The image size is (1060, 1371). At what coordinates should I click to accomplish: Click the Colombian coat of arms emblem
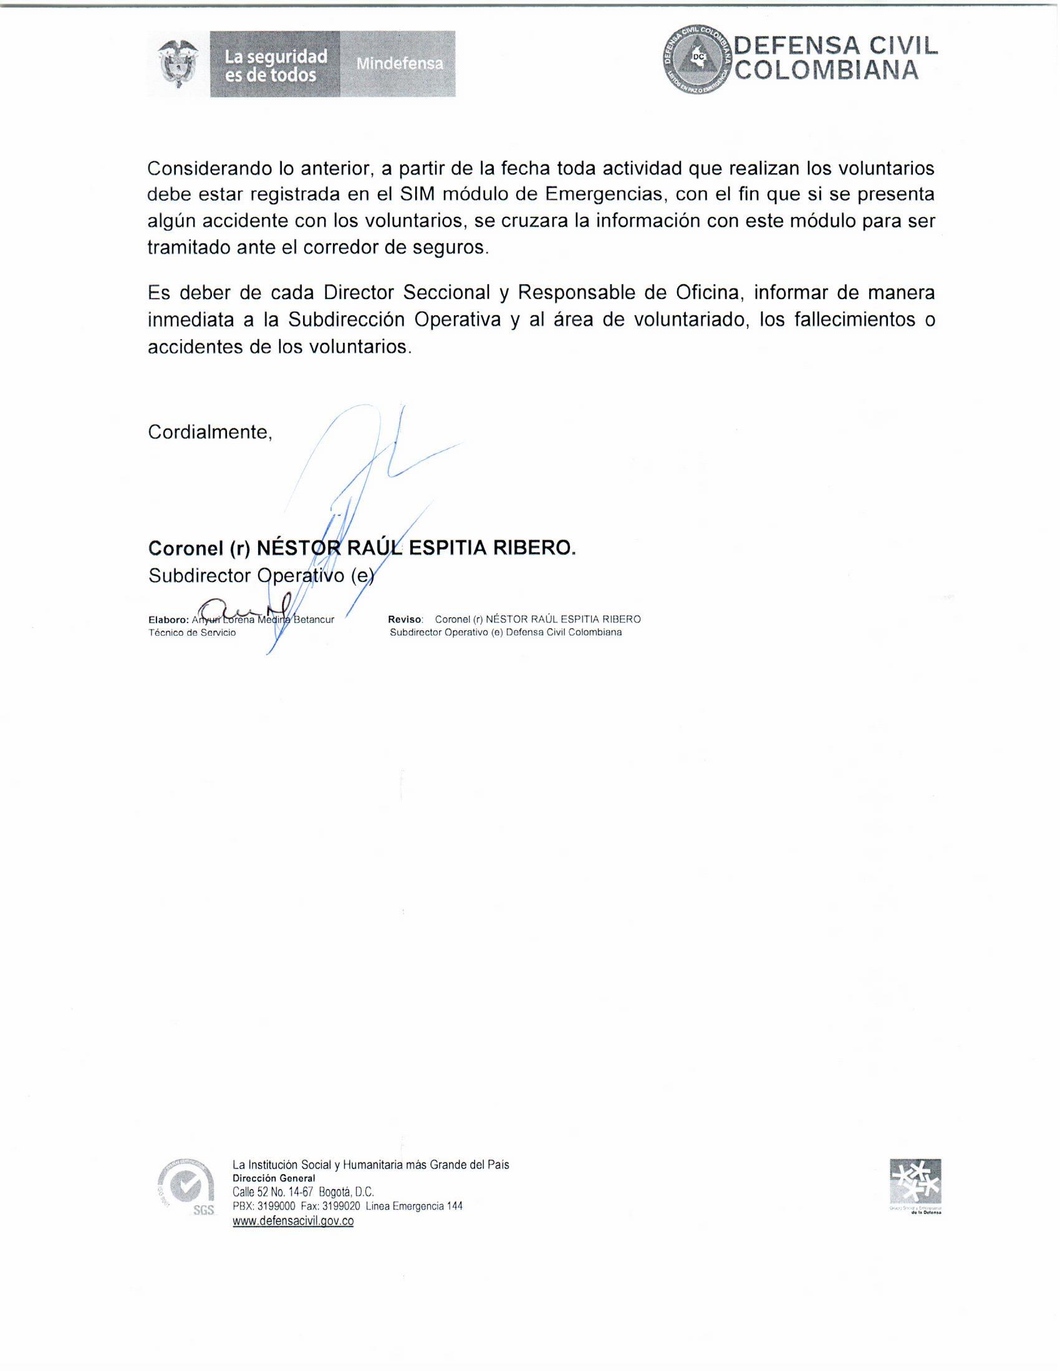(x=179, y=65)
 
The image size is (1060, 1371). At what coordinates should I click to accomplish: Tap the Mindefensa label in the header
(x=400, y=64)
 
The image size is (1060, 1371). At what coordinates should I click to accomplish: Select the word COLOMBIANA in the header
(x=827, y=70)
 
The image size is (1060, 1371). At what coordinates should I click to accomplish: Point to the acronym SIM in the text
(x=418, y=194)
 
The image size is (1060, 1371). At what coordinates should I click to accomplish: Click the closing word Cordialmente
(x=210, y=432)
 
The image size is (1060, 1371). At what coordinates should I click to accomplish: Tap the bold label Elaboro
(x=168, y=619)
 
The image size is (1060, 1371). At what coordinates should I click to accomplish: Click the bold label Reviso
(x=406, y=619)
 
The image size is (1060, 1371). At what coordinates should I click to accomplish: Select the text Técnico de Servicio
(x=192, y=633)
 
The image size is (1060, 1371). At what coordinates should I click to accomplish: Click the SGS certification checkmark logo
(x=185, y=1188)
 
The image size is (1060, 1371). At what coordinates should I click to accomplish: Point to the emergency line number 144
(x=455, y=1206)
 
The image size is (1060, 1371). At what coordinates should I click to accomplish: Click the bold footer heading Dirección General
(x=274, y=1178)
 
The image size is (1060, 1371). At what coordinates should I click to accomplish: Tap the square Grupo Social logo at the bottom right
(x=915, y=1182)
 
